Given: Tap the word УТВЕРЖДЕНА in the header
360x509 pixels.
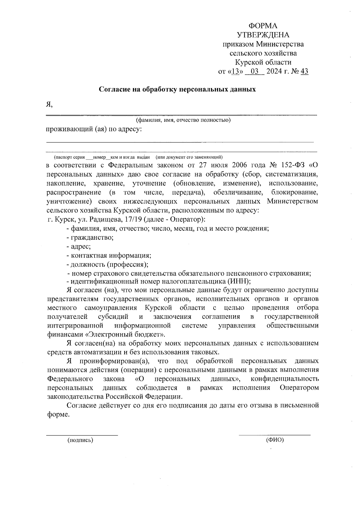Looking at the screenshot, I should (263, 35).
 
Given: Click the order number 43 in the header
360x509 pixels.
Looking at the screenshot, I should (304, 71).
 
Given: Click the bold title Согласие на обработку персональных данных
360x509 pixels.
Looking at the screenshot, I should (177, 89).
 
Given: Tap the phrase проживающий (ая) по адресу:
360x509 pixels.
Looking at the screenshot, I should (94, 129).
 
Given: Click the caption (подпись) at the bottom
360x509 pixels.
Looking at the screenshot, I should (80, 440).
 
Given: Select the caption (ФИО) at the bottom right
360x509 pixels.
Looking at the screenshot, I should (274, 440).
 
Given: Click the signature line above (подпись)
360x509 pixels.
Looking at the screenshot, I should (82, 435).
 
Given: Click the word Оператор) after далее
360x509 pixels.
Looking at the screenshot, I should (187, 219).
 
